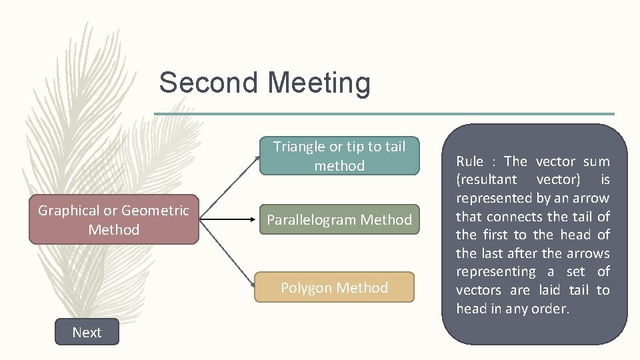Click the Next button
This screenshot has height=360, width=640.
(x=87, y=332)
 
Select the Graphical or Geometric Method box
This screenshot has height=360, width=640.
(x=113, y=220)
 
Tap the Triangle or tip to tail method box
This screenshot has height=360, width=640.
(x=339, y=156)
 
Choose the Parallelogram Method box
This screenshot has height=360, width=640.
(x=339, y=219)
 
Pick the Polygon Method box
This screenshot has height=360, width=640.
(x=334, y=287)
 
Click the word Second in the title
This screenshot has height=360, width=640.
(x=208, y=83)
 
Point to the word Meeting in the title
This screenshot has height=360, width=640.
(x=319, y=83)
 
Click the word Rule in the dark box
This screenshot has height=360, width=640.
(x=469, y=161)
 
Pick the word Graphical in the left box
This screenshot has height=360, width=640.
(x=69, y=211)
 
